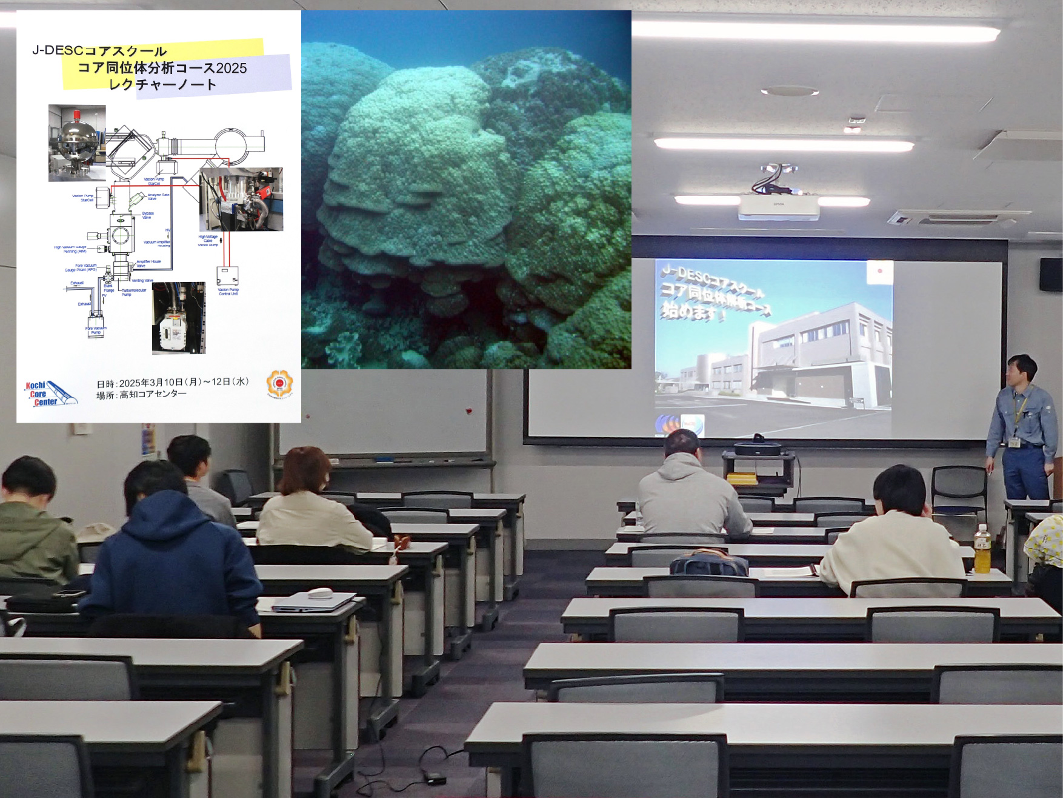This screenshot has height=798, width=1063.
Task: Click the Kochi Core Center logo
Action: (50, 394)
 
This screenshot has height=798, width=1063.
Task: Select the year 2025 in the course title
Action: (231, 68)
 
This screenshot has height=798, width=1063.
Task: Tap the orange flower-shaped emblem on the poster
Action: (279, 383)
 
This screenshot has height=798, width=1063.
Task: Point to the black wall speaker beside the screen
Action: (1051, 274)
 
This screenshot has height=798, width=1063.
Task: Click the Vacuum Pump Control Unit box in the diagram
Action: (227, 277)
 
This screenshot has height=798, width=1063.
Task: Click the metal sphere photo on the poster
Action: (77, 143)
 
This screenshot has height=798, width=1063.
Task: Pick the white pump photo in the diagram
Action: (178, 318)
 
